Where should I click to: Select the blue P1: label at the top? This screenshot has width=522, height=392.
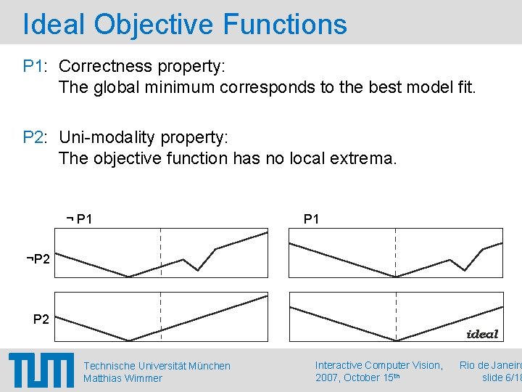point(35,66)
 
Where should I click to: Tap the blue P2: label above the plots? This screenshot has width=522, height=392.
point(35,136)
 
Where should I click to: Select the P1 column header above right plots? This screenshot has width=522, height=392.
point(311,219)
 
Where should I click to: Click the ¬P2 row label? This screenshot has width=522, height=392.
point(37,259)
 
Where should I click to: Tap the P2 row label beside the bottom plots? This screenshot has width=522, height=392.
point(41,319)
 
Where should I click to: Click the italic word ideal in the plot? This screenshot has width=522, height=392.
point(482,334)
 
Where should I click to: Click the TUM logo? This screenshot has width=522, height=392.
point(41,370)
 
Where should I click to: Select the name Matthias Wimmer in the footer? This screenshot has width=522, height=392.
point(123,378)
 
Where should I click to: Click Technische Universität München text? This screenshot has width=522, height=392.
point(157,366)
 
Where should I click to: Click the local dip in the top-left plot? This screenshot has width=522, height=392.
point(198,270)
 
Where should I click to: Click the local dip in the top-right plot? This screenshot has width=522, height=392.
point(464,270)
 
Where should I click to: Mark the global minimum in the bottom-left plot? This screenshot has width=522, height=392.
point(129,340)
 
